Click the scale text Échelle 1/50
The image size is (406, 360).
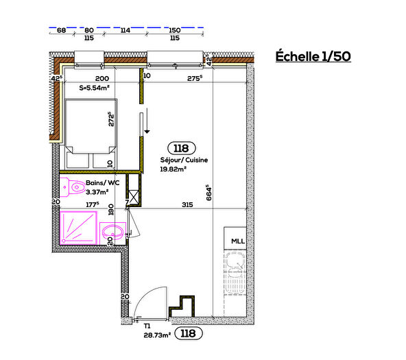pyautogui.click(x=313, y=56)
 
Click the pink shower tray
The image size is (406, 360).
pyautogui.click(x=79, y=227)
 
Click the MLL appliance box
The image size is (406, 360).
pyautogui.click(x=237, y=241)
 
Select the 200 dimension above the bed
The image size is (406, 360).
pyautogui.click(x=102, y=80)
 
